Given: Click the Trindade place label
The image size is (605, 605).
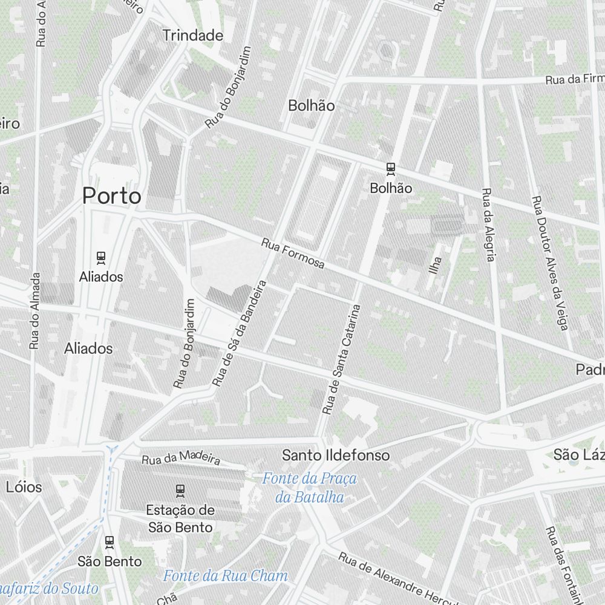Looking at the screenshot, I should [x=193, y=36].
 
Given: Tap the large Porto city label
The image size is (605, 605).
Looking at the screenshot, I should [x=112, y=196].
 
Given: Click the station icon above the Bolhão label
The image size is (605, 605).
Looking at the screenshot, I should [x=391, y=169].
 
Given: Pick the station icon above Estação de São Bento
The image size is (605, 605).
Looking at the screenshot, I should [x=180, y=489].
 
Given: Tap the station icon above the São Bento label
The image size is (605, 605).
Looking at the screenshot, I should [x=110, y=541].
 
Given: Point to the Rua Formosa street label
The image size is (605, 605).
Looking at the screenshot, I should [x=293, y=253].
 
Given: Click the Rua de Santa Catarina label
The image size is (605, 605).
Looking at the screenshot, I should [x=341, y=359].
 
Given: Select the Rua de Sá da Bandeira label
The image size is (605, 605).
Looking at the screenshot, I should [x=240, y=333].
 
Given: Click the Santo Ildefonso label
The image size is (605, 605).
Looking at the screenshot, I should [x=336, y=455].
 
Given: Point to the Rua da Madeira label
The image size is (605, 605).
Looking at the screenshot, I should [x=181, y=460].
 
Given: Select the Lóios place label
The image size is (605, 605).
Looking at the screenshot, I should [x=24, y=487].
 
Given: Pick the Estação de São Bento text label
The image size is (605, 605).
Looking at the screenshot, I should [x=180, y=518].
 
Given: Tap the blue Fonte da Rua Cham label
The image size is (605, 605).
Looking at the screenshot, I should [x=225, y=575].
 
